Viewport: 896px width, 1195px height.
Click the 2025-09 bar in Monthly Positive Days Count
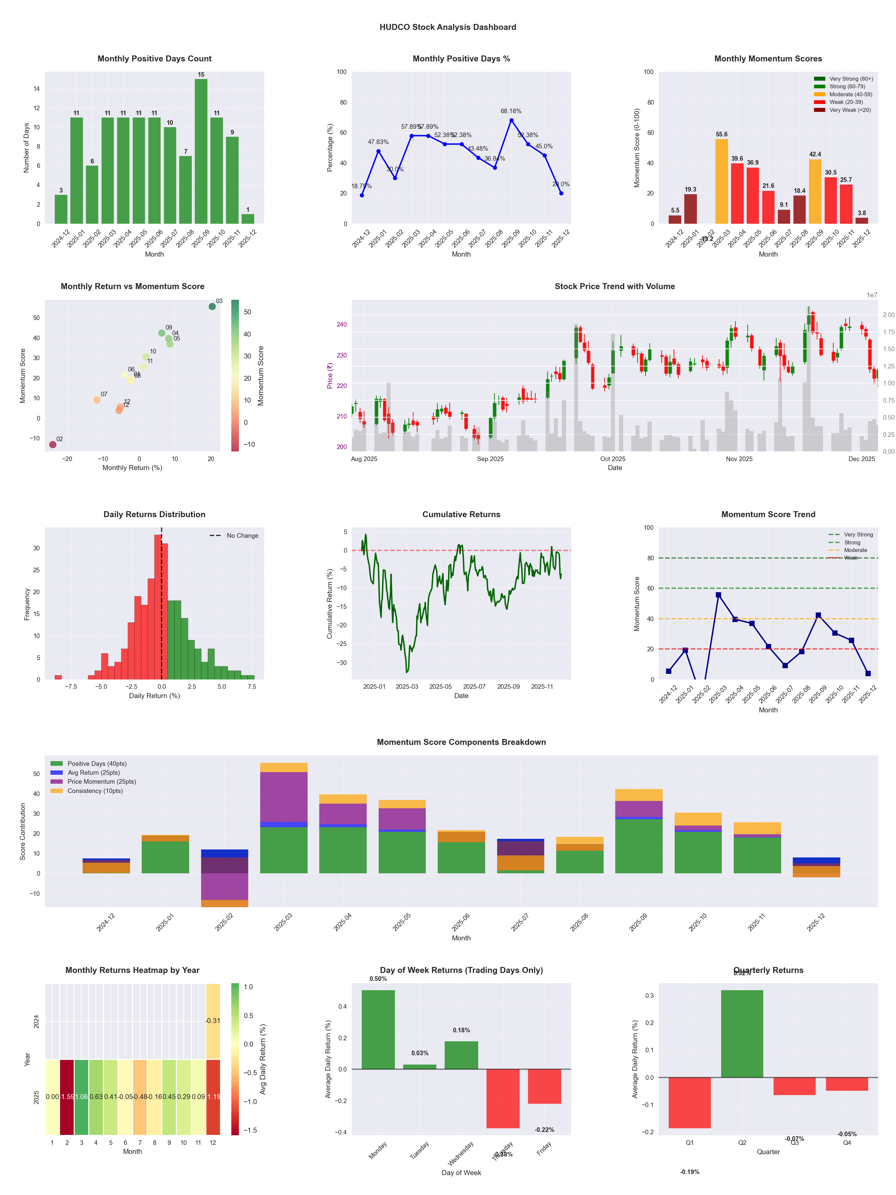[201, 151]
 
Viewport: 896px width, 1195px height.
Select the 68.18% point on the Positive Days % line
[511, 120]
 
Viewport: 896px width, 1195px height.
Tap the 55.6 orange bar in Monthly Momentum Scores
[721, 182]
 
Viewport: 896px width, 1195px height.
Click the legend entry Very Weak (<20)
[850, 110]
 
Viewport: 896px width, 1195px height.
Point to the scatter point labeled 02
[53, 444]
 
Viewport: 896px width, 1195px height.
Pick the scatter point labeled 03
[212, 306]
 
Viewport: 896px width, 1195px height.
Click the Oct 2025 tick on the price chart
[613, 459]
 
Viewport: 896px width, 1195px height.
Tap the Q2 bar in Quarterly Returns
[742, 1033]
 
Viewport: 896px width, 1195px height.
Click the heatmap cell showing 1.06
[82, 1097]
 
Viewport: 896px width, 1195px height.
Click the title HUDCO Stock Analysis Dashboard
[448, 27]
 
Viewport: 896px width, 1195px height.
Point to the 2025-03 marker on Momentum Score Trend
[718, 595]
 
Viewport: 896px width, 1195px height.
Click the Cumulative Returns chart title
[461, 514]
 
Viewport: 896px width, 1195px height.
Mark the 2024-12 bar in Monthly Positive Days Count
[61, 209]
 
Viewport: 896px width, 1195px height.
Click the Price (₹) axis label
[330, 375]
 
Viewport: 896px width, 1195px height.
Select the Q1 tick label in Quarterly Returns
[690, 1143]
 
